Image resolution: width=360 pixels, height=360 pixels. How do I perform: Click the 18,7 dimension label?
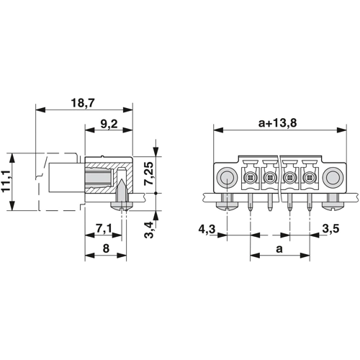83,103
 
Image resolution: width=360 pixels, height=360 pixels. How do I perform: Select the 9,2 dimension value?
109,124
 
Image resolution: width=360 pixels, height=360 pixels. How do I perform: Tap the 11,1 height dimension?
6,181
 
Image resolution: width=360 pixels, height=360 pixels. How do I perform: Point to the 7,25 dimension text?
149,173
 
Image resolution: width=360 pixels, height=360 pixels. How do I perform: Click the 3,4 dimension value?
149,230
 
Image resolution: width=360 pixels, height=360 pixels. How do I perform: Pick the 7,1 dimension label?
104,229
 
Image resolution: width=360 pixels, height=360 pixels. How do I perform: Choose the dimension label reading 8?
106,248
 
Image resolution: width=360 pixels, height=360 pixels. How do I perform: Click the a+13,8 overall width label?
277,123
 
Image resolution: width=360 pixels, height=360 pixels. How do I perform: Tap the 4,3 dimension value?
207,230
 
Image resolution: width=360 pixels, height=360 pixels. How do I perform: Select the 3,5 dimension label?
330,229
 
